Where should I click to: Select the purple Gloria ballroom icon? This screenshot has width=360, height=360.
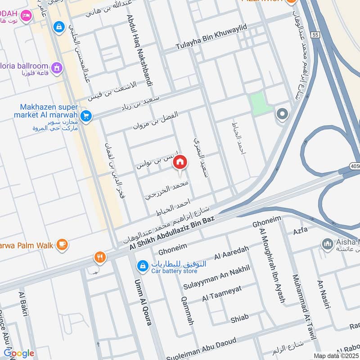click(57, 67)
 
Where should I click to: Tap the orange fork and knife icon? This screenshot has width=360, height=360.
click(100, 257)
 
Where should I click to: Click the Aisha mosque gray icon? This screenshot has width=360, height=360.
click(327, 244)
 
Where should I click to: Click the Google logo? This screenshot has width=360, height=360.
click(19, 353)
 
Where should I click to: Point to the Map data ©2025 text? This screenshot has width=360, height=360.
click(335, 356)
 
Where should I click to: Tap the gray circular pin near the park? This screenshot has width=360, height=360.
click(282, 114)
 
